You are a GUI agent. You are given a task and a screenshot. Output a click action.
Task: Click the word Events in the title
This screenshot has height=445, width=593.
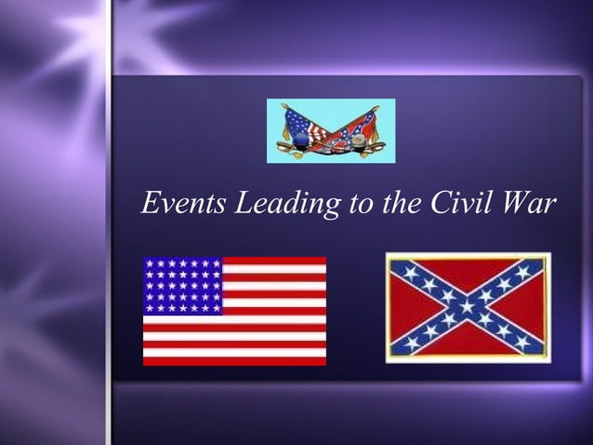(x=183, y=202)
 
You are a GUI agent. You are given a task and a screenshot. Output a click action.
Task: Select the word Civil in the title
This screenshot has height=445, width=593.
(x=463, y=202)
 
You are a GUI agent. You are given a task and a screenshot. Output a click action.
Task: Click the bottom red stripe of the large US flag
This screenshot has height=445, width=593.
(x=234, y=360)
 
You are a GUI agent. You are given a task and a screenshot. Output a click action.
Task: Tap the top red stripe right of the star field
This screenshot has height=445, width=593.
(x=274, y=262)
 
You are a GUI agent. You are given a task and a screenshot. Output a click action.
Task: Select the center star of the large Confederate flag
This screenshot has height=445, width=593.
(x=468, y=307)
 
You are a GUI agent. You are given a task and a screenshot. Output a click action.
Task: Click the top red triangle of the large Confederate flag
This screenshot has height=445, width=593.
(x=468, y=275)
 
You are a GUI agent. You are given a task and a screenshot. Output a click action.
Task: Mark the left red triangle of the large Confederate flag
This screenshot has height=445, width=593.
(x=409, y=307)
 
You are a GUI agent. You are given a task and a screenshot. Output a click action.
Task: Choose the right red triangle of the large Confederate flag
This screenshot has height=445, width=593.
(x=526, y=307)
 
